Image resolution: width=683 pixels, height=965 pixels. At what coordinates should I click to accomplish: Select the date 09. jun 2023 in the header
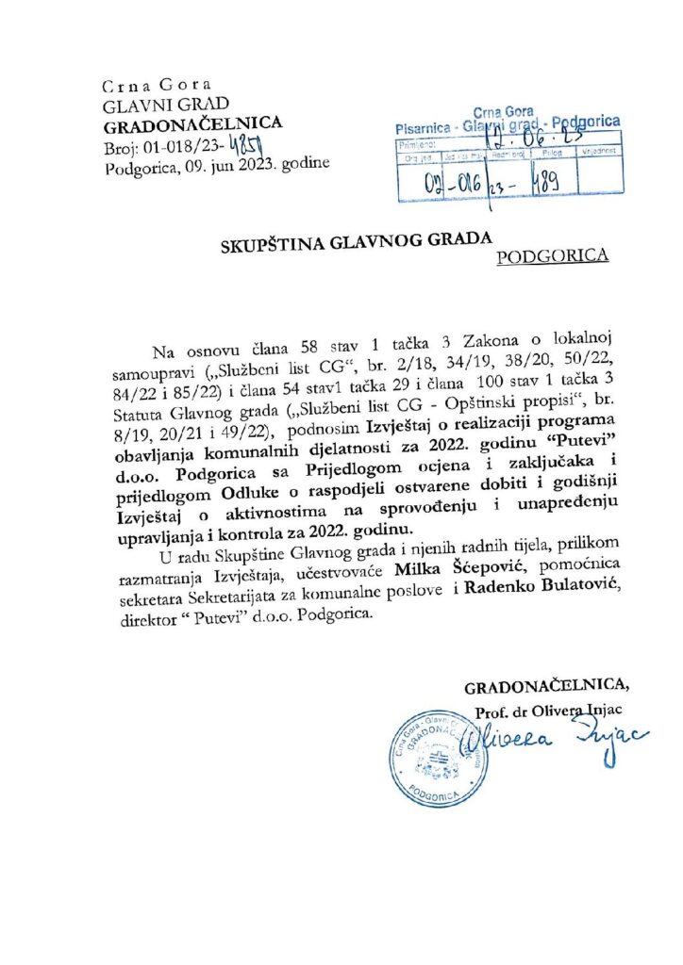click(x=242, y=165)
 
